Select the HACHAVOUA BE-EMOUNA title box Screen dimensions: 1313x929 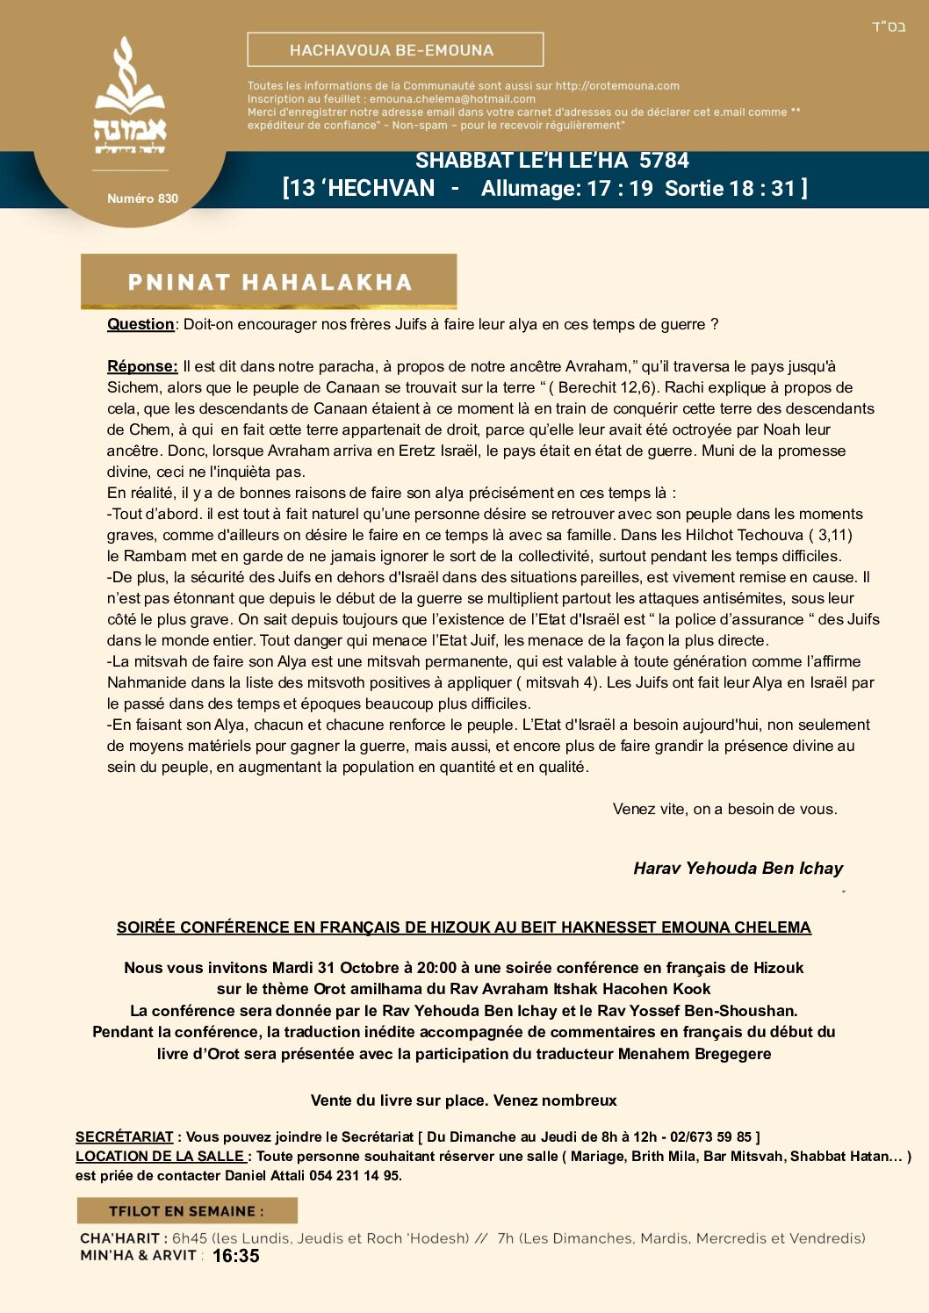click(x=395, y=50)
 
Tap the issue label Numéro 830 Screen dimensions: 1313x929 click(x=142, y=198)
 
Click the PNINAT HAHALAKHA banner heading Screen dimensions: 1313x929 click(x=269, y=282)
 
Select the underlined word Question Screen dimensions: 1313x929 click(x=140, y=324)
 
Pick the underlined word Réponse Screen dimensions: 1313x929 click(x=142, y=366)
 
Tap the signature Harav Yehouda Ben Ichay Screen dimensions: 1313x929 click(x=738, y=869)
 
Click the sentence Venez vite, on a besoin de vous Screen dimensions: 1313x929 click(x=724, y=809)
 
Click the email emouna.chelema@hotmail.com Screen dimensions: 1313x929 click(x=452, y=99)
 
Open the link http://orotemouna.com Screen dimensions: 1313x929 click(x=617, y=86)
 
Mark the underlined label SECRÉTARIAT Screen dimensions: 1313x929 click(x=124, y=1137)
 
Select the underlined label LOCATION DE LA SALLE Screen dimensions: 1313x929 click(x=161, y=1157)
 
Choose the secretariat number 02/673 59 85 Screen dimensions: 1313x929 click(x=710, y=1137)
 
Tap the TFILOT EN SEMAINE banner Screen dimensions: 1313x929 click(x=186, y=1211)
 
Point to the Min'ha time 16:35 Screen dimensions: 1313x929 click(x=236, y=1257)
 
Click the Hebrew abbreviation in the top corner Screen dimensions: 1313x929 click(x=888, y=27)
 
